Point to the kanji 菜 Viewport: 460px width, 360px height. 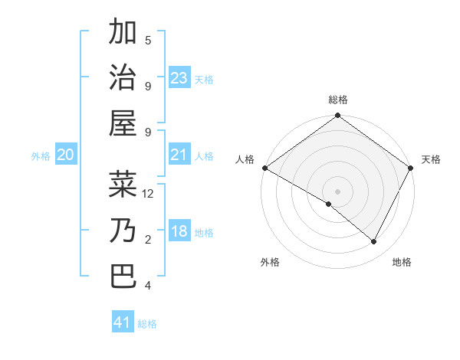(x=123, y=184)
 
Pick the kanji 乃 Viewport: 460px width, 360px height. (x=123, y=230)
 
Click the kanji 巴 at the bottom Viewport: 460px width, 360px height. (x=123, y=275)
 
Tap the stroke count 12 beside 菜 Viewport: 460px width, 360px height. (x=149, y=194)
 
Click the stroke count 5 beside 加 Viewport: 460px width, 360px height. (x=148, y=40)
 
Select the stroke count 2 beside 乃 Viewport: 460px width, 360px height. (x=148, y=240)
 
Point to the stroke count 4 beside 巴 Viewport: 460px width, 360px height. (x=148, y=286)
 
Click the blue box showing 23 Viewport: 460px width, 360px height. (x=179, y=77)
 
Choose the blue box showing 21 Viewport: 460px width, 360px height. (x=179, y=155)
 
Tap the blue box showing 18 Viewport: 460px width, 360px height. (x=179, y=231)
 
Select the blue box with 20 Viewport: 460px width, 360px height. (x=66, y=155)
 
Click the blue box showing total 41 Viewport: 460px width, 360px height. (x=123, y=322)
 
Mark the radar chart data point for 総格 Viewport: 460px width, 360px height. (x=337, y=116)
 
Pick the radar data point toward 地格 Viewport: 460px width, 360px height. (x=374, y=241)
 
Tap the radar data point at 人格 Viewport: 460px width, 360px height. (x=264, y=168)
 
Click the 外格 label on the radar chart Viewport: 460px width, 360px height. (x=270, y=262)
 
